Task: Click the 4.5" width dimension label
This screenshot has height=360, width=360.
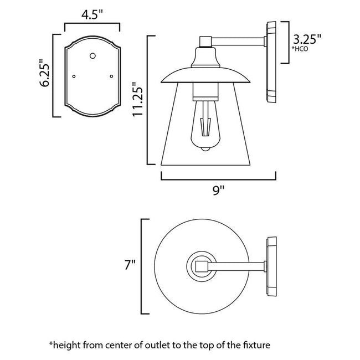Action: (92, 14)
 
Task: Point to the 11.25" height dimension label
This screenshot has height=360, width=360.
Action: (138, 100)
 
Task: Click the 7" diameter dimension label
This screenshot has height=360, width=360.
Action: (130, 265)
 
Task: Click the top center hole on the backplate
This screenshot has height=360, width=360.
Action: (92, 55)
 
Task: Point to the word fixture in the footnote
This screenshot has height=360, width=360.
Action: (253, 344)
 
